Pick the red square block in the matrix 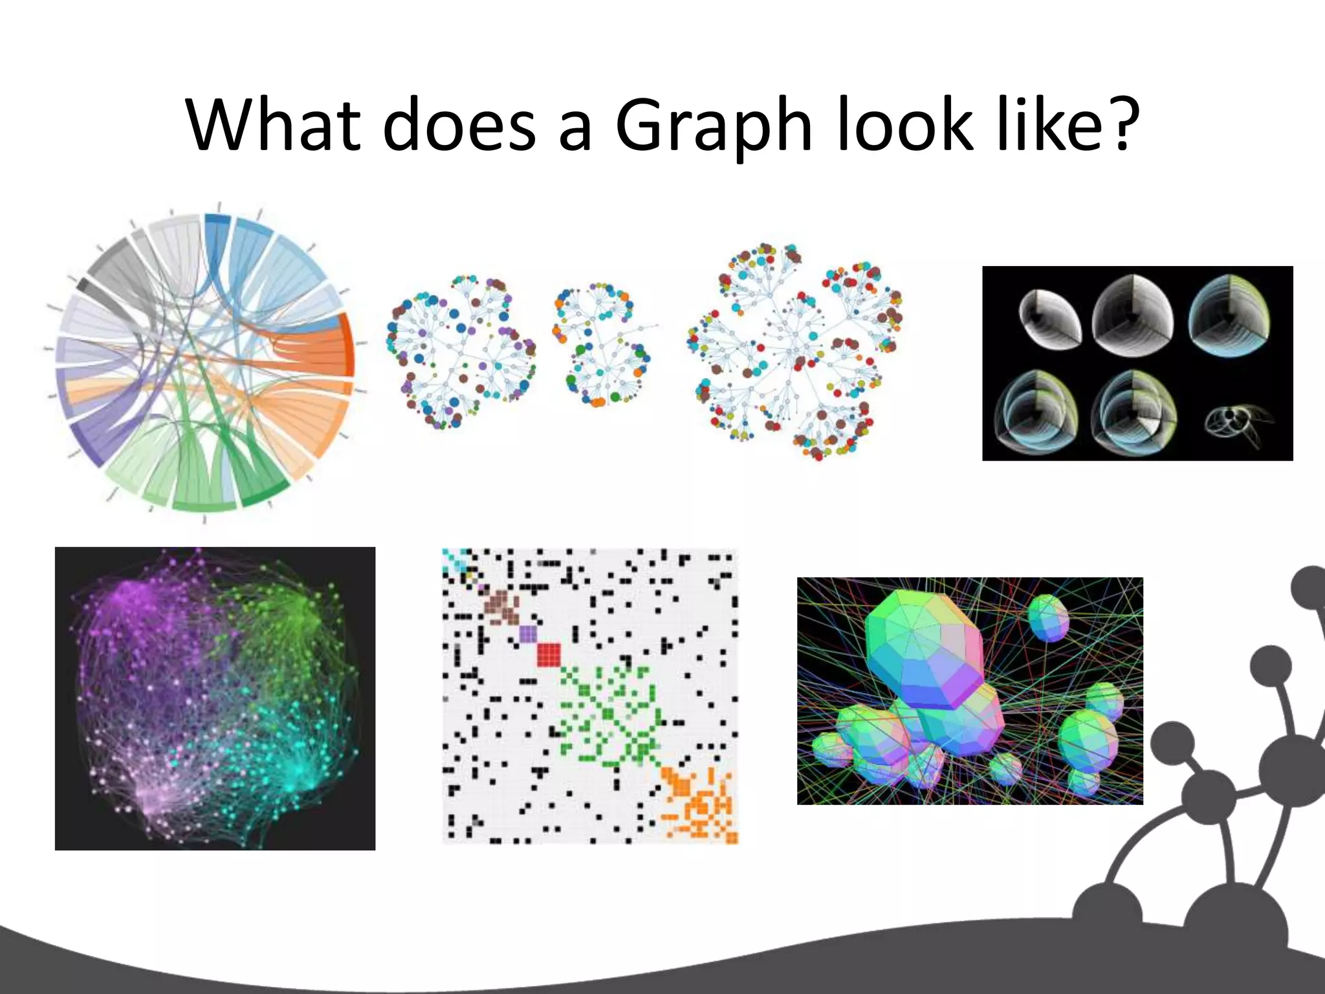(549, 654)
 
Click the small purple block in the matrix (528, 633)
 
